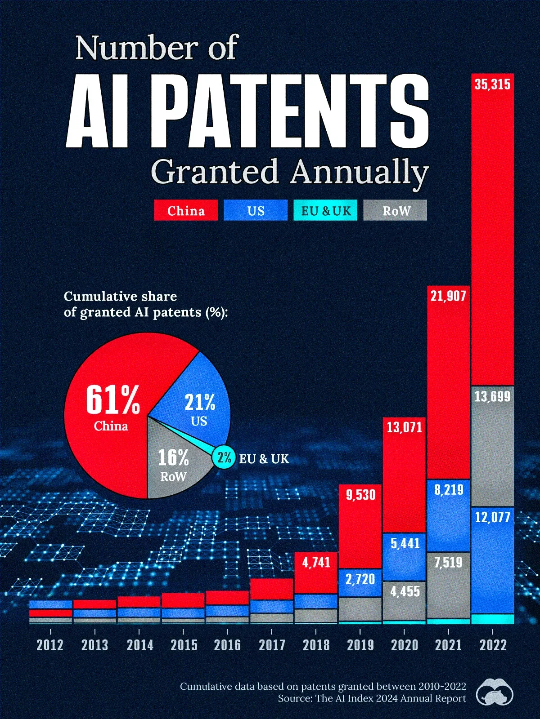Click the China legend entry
pos(186,210)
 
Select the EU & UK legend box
pos(325,210)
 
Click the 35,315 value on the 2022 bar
pos(492,84)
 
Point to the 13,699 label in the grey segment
pos(492,396)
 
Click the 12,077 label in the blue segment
pos(492,517)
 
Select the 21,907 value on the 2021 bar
pos(448,296)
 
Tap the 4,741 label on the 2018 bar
pos(316,562)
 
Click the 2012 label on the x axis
pos(50,645)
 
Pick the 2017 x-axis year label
pos(272,645)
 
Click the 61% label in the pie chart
pos(113,400)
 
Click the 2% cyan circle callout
pos(224,458)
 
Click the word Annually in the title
pos(359,172)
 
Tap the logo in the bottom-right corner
pos(495,692)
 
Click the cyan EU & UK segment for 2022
pos(492,619)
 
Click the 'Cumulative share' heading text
pos(121,297)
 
